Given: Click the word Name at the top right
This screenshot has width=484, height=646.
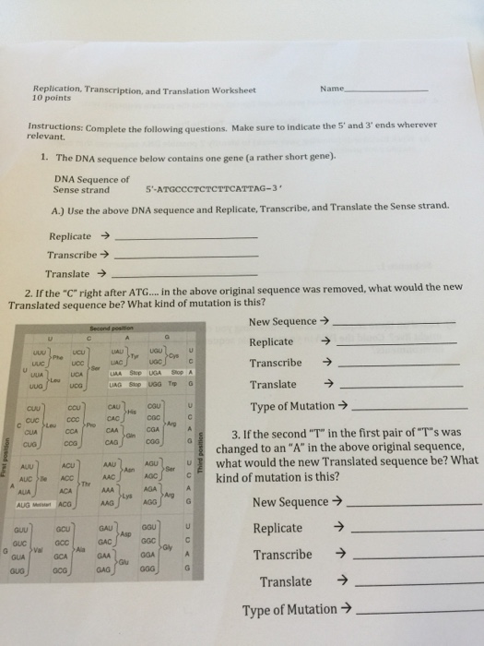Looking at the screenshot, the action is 331,89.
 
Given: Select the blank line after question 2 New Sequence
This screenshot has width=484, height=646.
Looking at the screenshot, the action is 394,322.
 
